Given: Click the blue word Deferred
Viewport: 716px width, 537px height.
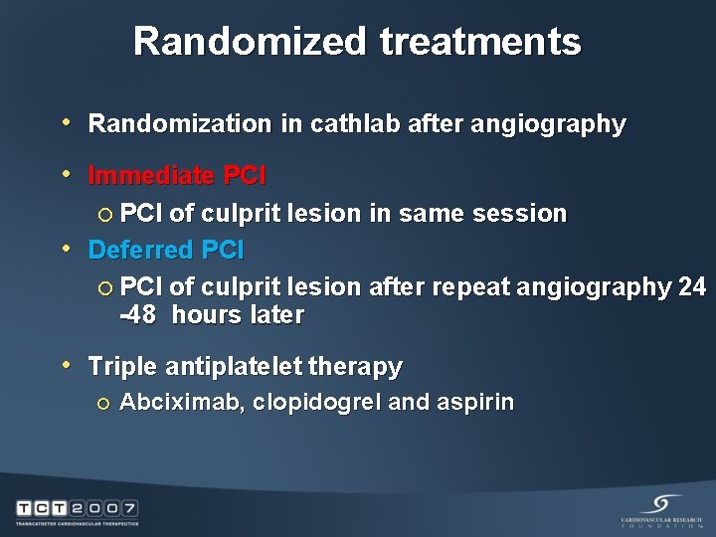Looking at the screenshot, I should click(140, 250).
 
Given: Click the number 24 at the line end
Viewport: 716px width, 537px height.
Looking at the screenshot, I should click(691, 286).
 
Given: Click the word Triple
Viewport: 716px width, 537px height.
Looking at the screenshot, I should click(122, 366).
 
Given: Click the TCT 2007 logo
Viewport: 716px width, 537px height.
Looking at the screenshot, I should click(77, 511).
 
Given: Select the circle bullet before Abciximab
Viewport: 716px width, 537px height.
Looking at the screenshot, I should click(104, 403).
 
